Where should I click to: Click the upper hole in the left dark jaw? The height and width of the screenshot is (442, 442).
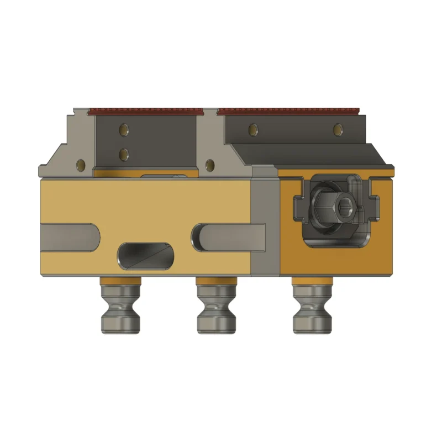pyautogui.click(x=125, y=130)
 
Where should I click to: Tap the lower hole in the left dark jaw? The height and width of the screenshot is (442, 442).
pyautogui.click(x=125, y=152)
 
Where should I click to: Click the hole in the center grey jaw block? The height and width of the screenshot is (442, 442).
pyautogui.click(x=209, y=164)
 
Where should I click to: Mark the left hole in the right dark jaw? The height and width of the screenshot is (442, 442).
pyautogui.click(x=252, y=130)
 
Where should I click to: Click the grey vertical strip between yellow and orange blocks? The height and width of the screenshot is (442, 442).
pyautogui.click(x=266, y=227)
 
